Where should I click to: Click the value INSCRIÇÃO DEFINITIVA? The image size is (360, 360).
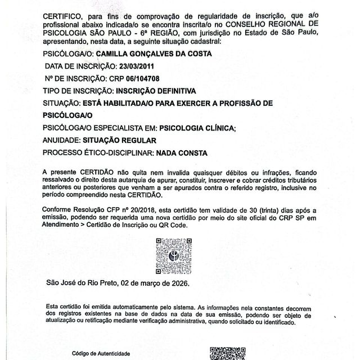(155, 90)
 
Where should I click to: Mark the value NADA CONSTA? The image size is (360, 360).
(181, 152)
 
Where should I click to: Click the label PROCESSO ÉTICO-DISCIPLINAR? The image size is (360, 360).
(97, 152)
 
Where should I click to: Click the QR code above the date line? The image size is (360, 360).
(174, 256)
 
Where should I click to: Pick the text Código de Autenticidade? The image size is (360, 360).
(101, 354)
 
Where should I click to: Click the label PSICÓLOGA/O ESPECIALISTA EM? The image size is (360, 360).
(100, 128)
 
